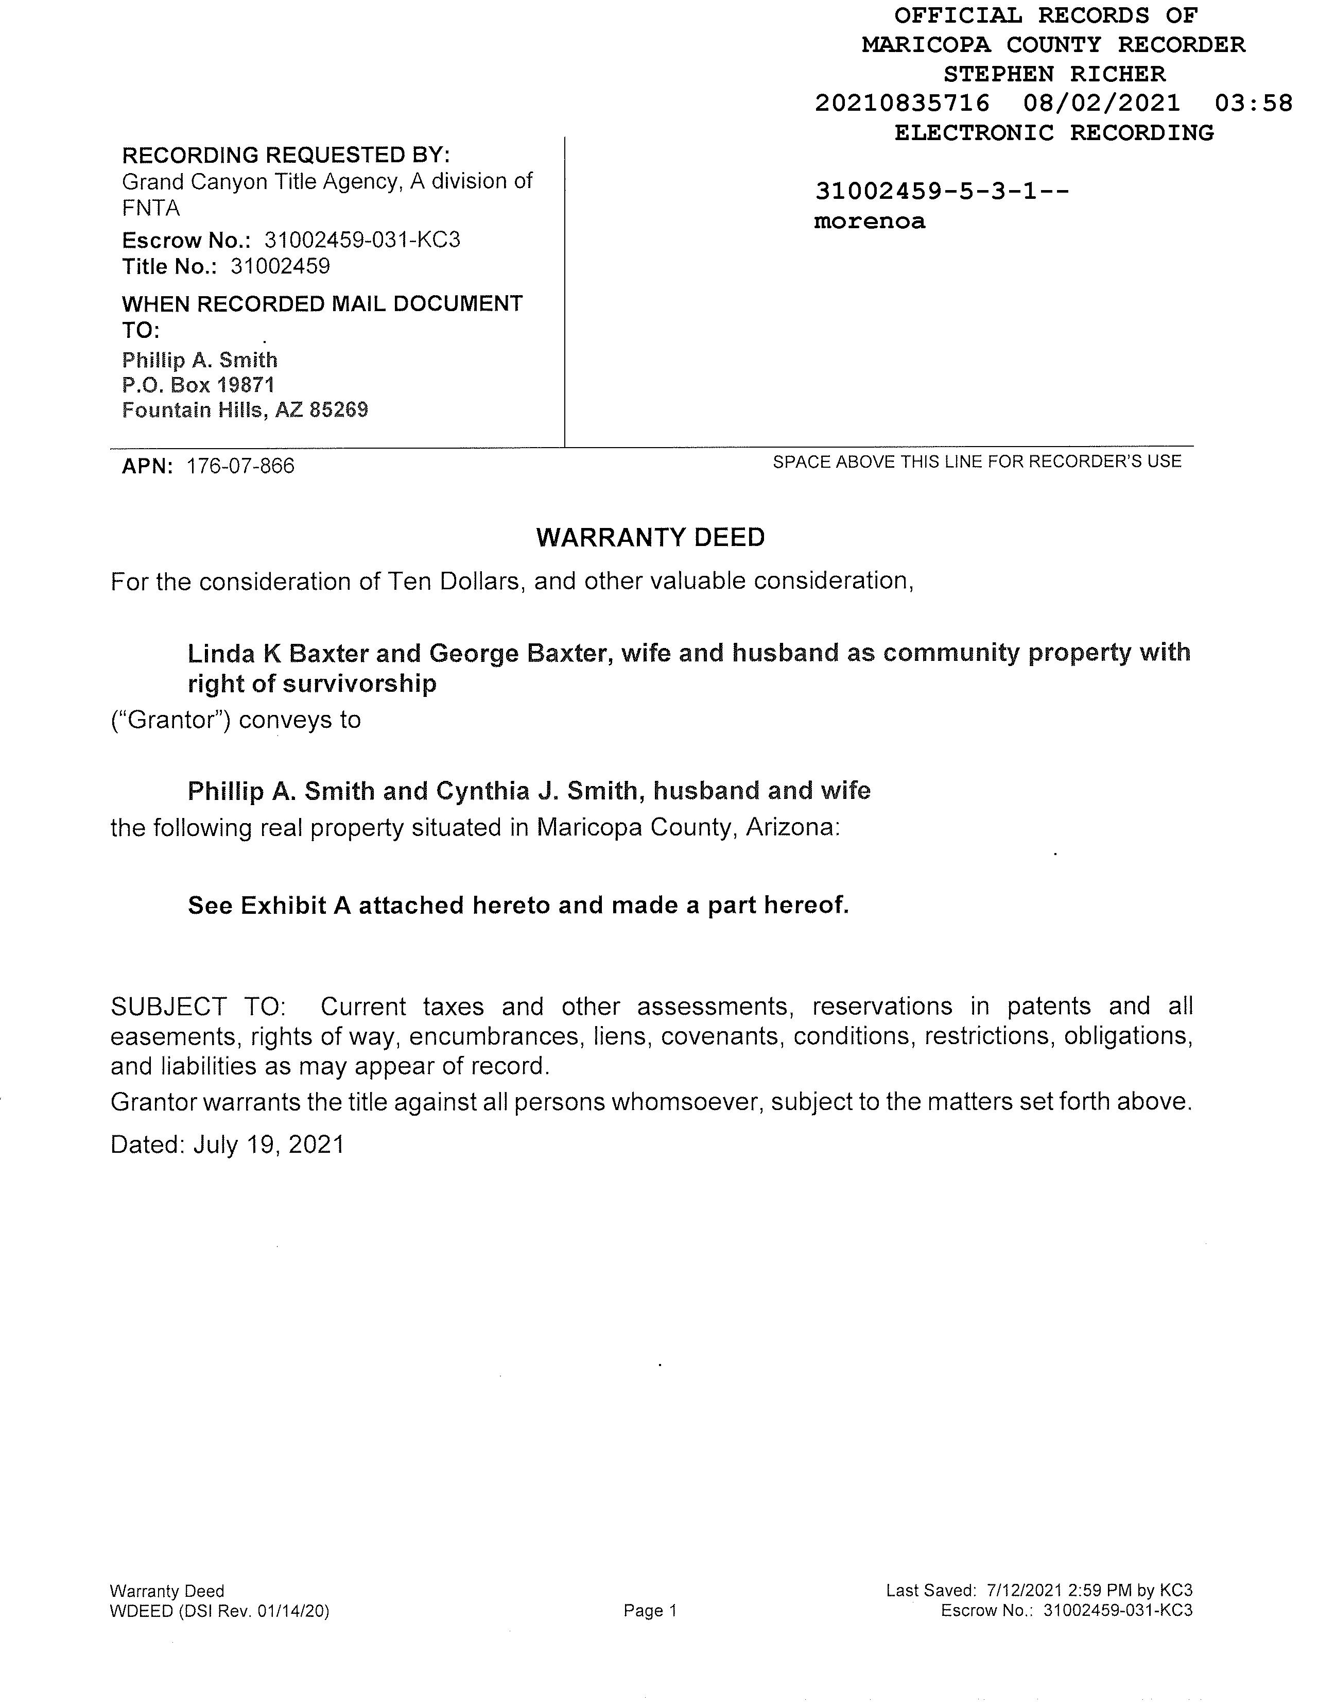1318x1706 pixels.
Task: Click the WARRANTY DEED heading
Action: pyautogui.click(x=650, y=537)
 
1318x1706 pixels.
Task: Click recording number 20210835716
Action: pyautogui.click(x=902, y=103)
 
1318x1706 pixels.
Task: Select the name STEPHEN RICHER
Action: pyautogui.click(x=1054, y=74)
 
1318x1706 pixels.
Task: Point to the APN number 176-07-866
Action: pyautogui.click(x=240, y=466)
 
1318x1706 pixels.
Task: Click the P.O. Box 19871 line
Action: pyautogui.click(x=198, y=385)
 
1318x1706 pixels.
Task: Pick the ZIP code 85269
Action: pyautogui.click(x=339, y=410)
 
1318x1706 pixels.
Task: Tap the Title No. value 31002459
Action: pyautogui.click(x=280, y=267)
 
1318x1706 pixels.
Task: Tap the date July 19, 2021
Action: pyautogui.click(x=269, y=1145)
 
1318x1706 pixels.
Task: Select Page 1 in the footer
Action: pyautogui.click(x=650, y=1611)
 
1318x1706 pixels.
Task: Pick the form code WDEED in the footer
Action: pyautogui.click(x=142, y=1611)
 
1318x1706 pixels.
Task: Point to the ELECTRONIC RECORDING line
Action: pyautogui.click(x=1054, y=133)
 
